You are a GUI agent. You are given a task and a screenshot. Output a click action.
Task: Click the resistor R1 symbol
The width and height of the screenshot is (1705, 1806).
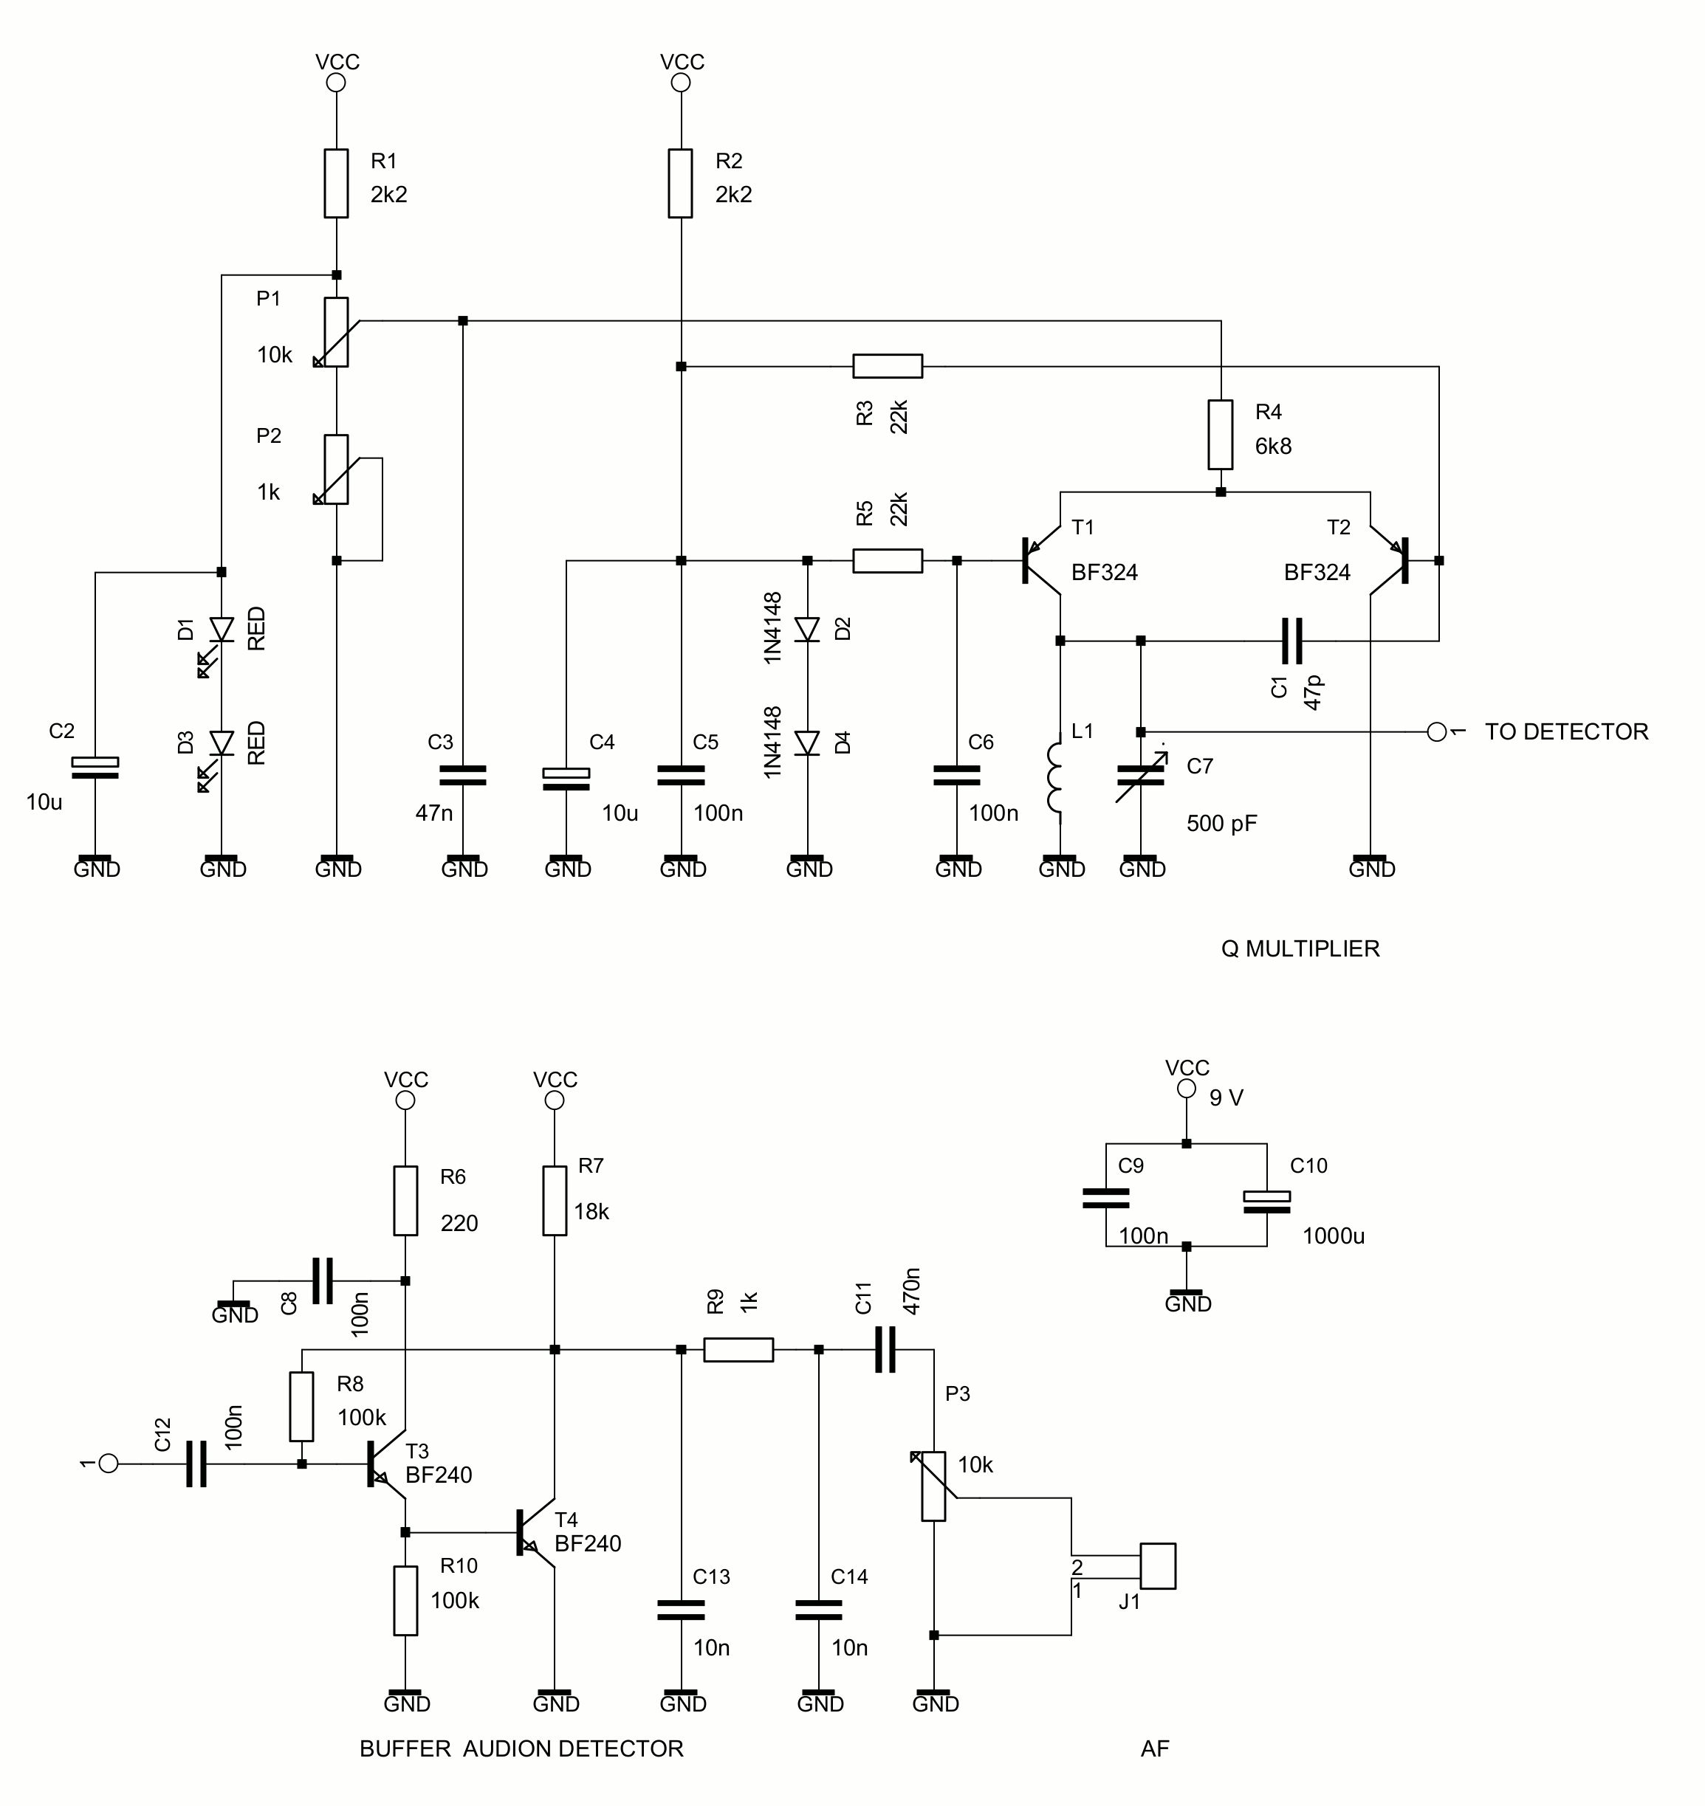(336, 184)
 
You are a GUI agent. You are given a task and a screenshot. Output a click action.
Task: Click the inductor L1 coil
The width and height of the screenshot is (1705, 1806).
(1057, 778)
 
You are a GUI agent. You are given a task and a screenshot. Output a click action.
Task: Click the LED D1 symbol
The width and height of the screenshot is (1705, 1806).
(221, 630)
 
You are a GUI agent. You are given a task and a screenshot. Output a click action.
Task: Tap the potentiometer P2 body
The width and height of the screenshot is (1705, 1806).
(336, 469)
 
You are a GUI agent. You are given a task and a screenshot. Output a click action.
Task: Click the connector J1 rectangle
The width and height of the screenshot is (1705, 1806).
(1158, 1566)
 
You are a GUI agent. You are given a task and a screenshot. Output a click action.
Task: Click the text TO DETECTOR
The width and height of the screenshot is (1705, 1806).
(1566, 732)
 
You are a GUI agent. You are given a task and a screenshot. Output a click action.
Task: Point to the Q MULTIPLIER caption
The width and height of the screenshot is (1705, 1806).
(1300, 949)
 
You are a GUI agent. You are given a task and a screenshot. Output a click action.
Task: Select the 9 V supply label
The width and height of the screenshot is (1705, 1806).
(1226, 1098)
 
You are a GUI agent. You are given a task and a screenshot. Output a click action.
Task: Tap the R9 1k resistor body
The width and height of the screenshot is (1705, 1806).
(739, 1350)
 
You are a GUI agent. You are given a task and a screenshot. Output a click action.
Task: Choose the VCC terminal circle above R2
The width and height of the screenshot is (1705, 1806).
(681, 83)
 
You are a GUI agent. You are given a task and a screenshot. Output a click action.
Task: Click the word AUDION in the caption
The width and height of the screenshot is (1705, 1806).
(507, 1748)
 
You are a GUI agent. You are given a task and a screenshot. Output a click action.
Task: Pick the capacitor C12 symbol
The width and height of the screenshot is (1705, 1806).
(196, 1464)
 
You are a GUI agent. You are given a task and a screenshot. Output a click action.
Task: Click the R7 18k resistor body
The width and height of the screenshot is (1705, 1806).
(555, 1202)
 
